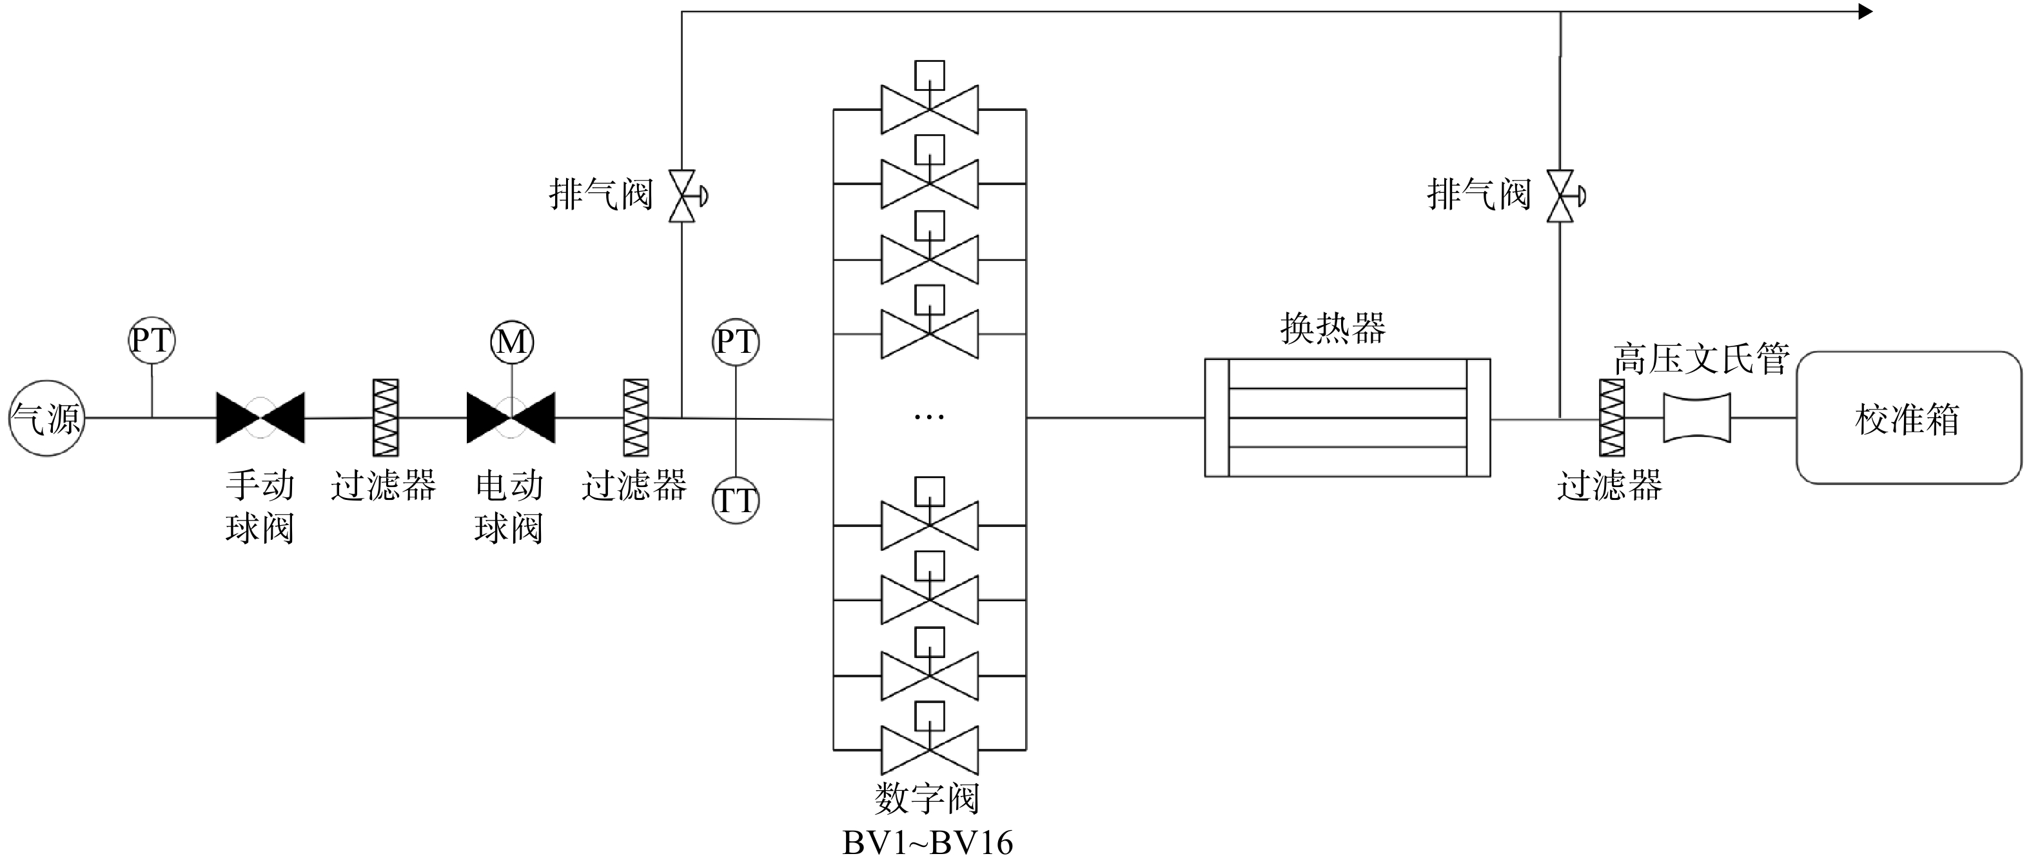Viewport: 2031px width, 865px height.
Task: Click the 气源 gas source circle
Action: point(46,418)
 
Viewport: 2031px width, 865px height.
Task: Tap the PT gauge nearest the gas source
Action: point(152,341)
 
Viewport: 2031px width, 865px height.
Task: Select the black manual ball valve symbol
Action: point(260,418)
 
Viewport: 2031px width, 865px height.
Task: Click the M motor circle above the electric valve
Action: point(512,343)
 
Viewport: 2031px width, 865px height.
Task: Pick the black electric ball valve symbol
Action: point(511,418)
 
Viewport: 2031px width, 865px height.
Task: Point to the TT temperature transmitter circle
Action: point(736,501)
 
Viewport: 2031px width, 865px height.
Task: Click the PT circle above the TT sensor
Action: point(736,343)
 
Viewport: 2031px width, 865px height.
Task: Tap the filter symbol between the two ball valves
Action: point(386,418)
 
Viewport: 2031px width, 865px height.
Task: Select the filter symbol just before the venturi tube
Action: point(1611,418)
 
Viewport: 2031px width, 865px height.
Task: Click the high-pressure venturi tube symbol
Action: point(1697,418)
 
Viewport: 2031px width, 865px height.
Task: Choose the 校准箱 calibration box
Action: point(1908,417)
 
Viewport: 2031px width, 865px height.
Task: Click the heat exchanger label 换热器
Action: point(1333,327)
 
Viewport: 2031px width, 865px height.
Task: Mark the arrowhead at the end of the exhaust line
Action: point(1865,12)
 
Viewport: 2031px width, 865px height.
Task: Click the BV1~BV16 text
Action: point(928,843)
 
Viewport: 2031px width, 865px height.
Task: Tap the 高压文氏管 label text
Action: point(1701,359)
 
